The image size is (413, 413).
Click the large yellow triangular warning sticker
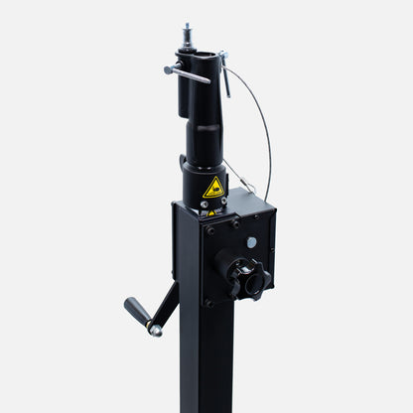coord(213,187)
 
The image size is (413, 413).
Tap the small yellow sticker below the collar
coord(209,210)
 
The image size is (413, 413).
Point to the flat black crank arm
coord(167,307)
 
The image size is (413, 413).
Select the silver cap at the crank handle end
coord(155,331)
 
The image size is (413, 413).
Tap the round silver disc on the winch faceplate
coord(251,242)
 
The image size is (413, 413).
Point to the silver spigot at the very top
coord(186,34)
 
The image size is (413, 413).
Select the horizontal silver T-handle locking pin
coord(187,72)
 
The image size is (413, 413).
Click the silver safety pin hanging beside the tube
coord(225,75)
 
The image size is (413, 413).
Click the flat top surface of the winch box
coord(223,211)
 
